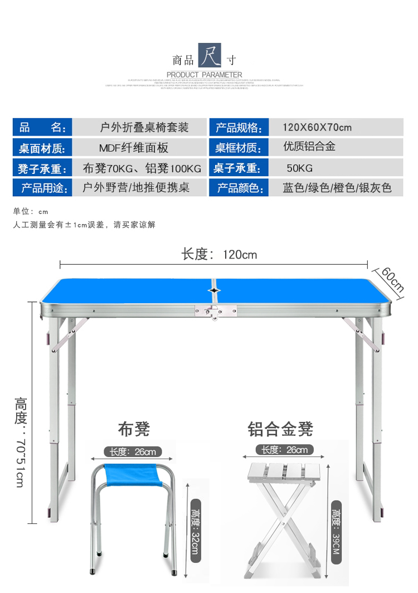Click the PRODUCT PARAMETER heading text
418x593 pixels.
(x=204, y=75)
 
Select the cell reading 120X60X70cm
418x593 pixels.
(x=317, y=128)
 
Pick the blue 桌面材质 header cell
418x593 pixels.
(x=42, y=148)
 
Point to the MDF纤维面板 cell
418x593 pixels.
(x=133, y=148)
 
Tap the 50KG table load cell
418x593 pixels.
(x=299, y=168)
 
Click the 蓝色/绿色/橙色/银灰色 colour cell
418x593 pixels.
(x=337, y=188)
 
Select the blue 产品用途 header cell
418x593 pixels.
(x=42, y=188)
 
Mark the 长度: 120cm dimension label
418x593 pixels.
(x=219, y=255)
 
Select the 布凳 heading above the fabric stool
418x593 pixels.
(x=134, y=429)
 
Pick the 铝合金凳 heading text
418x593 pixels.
(x=280, y=429)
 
